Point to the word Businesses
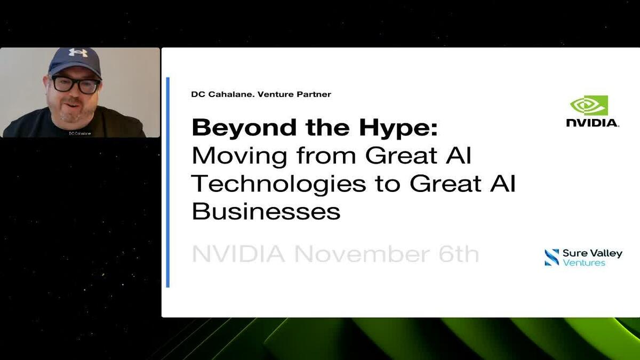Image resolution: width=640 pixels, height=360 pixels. (266, 211)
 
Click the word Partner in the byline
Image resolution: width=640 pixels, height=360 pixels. (314, 94)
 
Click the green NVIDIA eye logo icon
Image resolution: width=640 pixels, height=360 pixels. (589, 106)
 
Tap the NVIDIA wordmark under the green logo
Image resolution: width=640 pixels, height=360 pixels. (592, 123)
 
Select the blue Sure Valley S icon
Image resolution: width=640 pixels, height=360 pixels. (551, 257)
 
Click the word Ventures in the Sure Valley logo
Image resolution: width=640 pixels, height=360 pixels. (584, 262)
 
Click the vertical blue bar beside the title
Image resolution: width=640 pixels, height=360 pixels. (168, 182)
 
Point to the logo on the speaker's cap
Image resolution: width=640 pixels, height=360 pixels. (78, 53)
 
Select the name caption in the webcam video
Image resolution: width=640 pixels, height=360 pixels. (79, 133)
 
